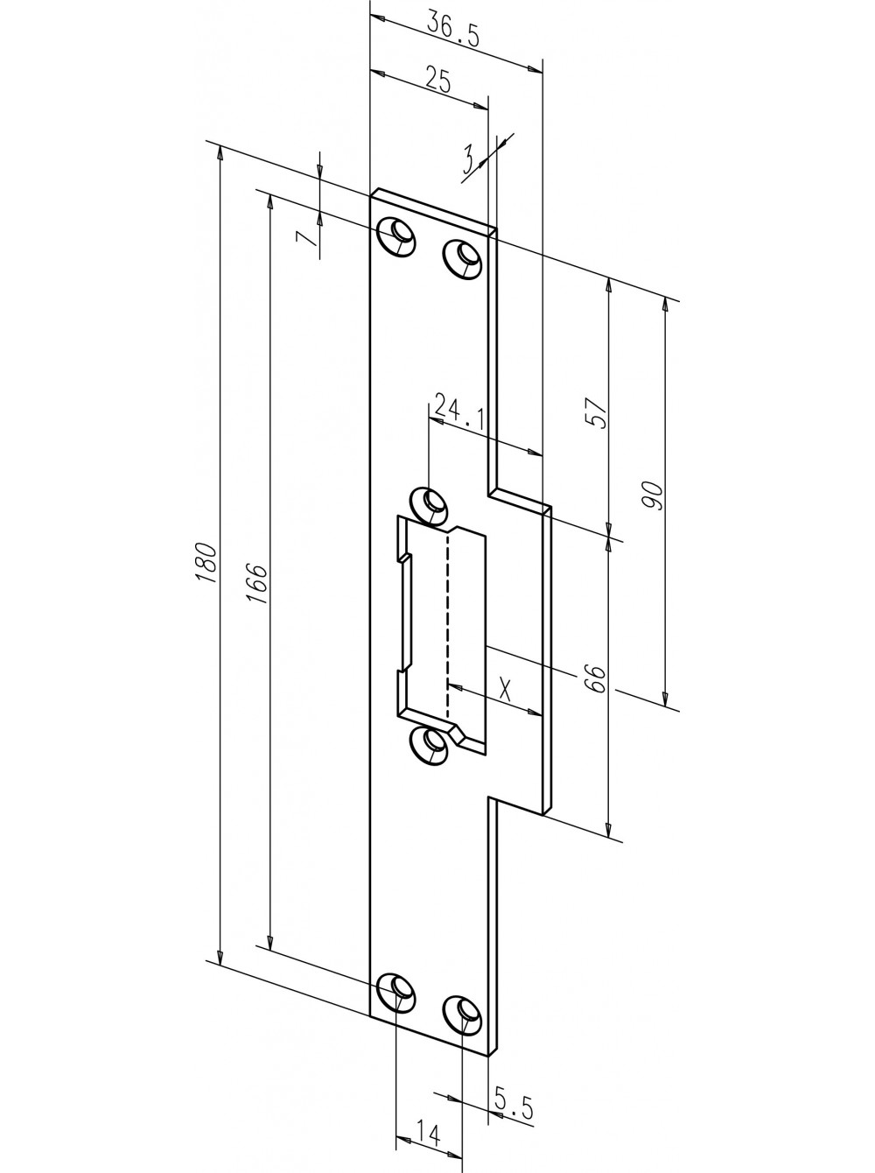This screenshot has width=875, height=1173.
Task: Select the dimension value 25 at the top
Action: (x=438, y=78)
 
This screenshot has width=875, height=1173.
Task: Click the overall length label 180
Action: (x=206, y=563)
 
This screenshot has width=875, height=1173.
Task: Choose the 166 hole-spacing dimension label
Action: (x=256, y=583)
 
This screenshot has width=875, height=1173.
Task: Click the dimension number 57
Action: (x=598, y=413)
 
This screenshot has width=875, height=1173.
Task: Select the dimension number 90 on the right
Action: (x=652, y=496)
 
